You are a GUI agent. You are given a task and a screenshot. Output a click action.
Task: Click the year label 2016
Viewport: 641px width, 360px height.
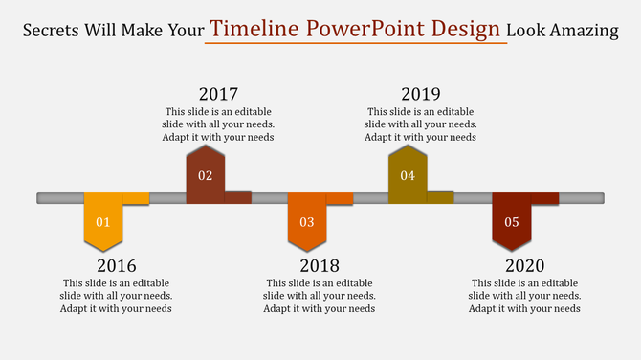pos(117,265)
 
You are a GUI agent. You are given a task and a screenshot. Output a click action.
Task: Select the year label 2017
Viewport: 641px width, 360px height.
pos(218,94)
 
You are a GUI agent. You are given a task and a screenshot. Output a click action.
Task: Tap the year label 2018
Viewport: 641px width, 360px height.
pos(320,265)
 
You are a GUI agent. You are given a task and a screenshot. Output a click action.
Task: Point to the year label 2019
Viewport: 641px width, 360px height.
pos(420,94)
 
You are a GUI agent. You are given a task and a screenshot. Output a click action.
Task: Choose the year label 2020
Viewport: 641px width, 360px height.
pos(524,265)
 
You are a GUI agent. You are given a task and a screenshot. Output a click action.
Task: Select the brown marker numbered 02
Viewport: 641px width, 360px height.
pos(205,174)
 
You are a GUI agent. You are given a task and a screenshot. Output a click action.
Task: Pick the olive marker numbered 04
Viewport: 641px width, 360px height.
pos(408,174)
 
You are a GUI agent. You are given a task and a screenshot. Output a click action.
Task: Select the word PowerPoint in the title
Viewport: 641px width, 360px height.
pos(365,29)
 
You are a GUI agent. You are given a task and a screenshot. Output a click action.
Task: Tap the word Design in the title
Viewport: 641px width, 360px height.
pos(465,29)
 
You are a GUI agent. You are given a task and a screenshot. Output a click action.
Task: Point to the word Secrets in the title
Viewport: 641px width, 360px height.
pos(55,31)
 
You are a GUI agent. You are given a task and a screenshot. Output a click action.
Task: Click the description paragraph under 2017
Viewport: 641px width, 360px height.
pos(218,124)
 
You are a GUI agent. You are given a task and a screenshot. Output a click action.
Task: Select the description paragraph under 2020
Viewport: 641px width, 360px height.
pos(524,296)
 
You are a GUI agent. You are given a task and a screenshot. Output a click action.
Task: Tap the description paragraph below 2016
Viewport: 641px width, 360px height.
pos(117,296)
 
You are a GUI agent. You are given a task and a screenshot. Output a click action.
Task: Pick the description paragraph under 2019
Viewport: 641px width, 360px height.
pos(420,124)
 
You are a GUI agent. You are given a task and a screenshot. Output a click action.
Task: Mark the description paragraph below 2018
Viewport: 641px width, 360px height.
pos(320,296)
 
